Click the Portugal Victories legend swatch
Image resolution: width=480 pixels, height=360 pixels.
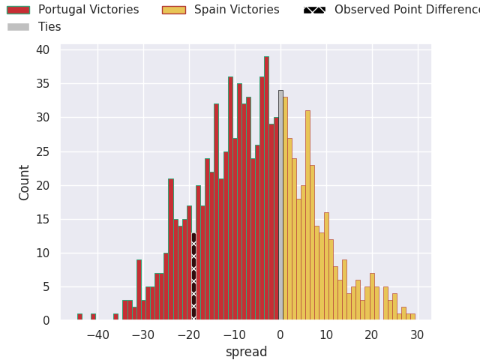pos(19,10)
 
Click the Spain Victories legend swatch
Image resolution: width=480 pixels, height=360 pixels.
pos(173,10)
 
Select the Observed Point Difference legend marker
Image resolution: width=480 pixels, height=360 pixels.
pos(314,10)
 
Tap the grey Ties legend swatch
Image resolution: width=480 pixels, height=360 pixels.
pos(19,27)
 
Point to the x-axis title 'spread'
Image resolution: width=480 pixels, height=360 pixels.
pos(246,352)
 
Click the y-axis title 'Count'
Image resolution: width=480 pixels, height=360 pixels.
pos(25,182)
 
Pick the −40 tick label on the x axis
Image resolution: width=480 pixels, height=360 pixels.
pos(97,335)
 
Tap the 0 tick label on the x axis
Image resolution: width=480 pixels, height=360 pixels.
pos(280,335)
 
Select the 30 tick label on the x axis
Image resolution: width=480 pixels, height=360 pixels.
pos(418,335)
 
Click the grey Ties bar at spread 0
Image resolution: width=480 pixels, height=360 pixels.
pos(280,205)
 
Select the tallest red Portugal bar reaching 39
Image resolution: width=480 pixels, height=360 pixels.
pos(266,188)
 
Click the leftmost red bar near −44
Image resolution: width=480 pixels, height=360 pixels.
pos(79,317)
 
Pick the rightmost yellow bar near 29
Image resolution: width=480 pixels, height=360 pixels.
pos(412,317)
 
